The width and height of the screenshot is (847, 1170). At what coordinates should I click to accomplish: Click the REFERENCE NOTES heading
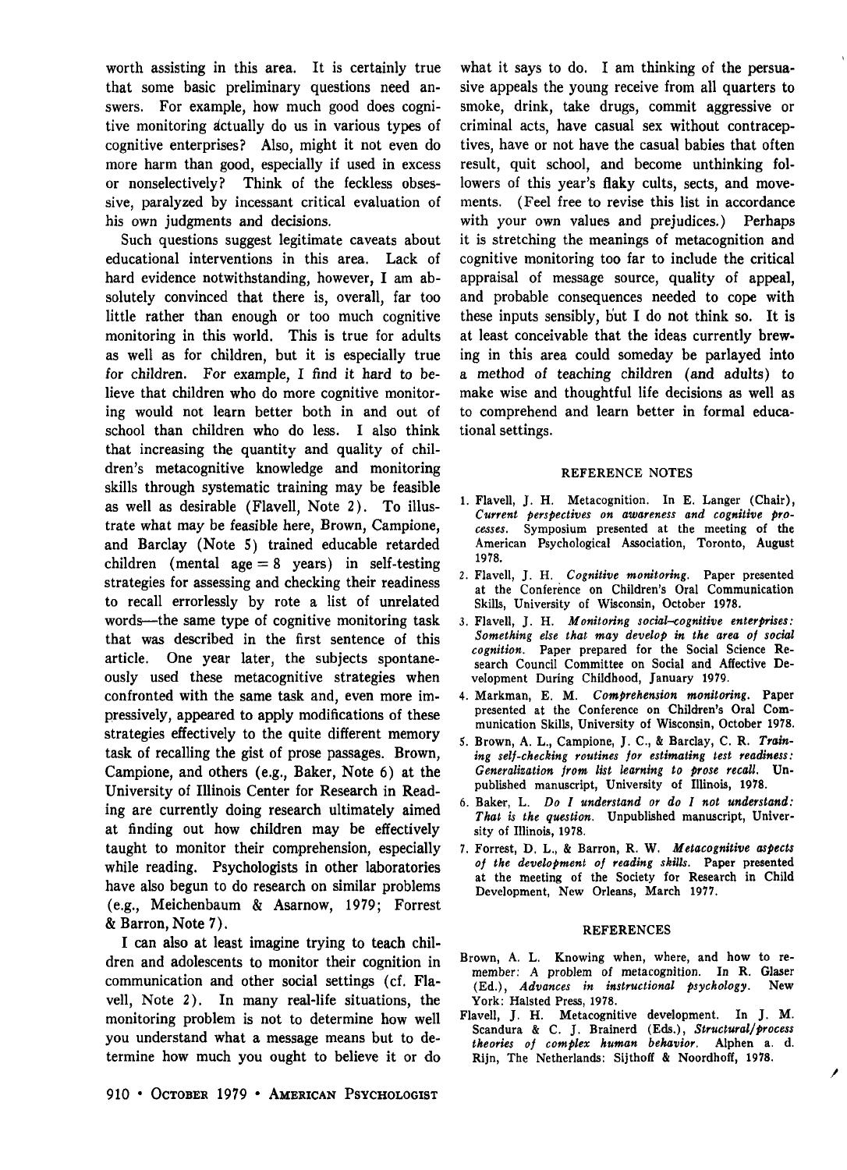point(626,473)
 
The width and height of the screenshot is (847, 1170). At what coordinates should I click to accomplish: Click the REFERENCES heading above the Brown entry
point(626,930)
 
